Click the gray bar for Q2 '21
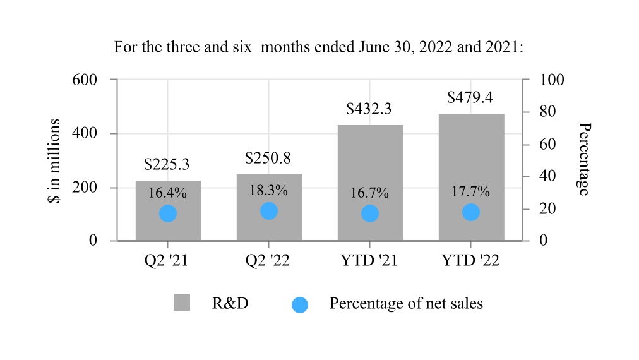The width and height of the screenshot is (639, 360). coord(169,211)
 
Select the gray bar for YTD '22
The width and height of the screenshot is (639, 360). coord(472,177)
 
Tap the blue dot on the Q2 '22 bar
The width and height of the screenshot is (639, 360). coord(269,211)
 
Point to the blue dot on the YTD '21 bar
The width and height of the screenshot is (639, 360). coord(370,213)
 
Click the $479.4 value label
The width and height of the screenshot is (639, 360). coord(470,97)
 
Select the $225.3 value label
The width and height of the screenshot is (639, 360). coord(167,164)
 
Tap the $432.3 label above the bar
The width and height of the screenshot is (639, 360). coord(369,109)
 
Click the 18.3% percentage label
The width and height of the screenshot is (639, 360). coord(268,190)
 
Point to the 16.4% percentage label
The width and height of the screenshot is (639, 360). coord(167,193)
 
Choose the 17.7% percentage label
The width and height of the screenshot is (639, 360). coord(470,191)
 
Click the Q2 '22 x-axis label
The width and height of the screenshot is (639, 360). coord(267,260)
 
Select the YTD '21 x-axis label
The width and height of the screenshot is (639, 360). coord(369,260)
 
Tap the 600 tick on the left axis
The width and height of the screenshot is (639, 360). coord(85,80)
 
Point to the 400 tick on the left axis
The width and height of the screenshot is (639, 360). coord(85,133)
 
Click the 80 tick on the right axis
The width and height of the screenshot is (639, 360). coord(547,111)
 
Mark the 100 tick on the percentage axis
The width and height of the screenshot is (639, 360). coord(552,80)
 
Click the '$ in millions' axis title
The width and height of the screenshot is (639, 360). coord(54,160)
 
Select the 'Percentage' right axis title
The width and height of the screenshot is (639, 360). coord(585,159)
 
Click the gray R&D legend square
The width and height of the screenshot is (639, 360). coord(182,303)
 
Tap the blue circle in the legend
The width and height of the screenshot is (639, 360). coord(300,305)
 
